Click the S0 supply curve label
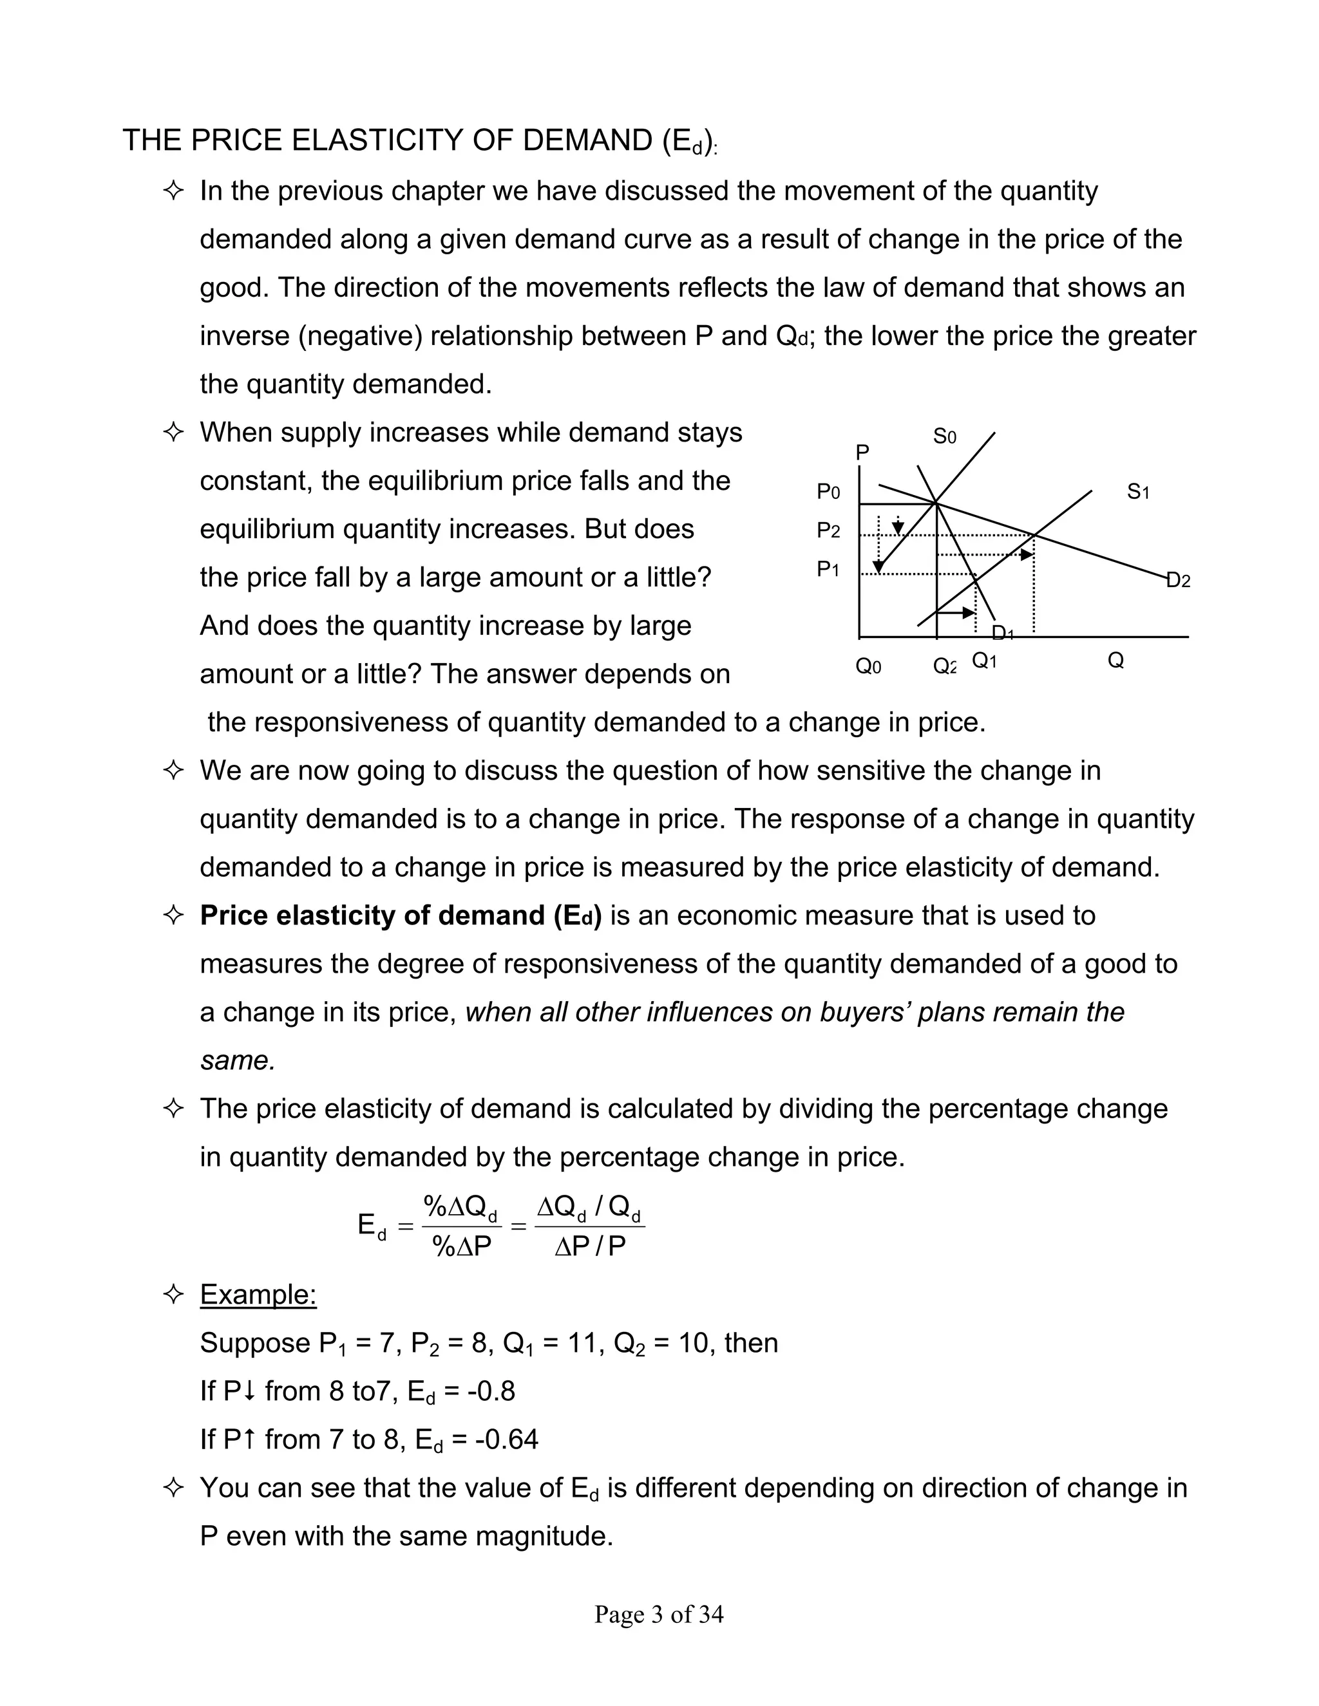coord(945,436)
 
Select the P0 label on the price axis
coord(828,492)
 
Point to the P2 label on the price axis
coord(828,531)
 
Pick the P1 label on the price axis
coord(828,570)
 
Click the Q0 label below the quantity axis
coord(868,666)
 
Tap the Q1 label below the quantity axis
coord(984,662)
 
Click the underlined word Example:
coord(258,1295)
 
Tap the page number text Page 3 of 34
coord(659,1614)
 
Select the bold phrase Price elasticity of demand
coord(373,915)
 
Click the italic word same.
coord(238,1060)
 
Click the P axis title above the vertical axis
coord(862,453)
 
